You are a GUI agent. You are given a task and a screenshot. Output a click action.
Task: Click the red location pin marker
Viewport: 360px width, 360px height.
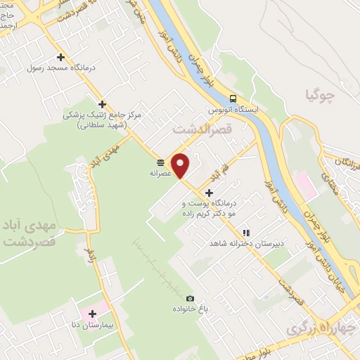coord(181,165)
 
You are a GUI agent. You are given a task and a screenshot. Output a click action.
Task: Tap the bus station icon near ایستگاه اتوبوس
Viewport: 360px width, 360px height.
coord(233,99)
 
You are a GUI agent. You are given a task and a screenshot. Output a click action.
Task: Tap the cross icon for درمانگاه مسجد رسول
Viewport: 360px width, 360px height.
coord(60,57)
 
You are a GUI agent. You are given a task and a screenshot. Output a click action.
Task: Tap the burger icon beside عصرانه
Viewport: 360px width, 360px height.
coord(161,161)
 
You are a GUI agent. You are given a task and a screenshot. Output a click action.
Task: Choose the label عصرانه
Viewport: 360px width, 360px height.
coord(161,172)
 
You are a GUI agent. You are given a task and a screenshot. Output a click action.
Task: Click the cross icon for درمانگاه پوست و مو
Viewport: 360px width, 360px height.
coord(209,191)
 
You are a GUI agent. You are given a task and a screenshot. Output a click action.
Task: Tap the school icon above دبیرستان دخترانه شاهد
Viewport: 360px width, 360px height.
coord(245,232)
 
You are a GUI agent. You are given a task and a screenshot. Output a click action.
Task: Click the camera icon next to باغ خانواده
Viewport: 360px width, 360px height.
coord(189,298)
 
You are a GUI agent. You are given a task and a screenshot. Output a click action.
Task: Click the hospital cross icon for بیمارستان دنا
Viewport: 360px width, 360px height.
coord(91,313)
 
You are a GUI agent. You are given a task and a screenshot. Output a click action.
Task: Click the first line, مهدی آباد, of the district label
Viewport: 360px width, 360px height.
coord(28,229)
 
